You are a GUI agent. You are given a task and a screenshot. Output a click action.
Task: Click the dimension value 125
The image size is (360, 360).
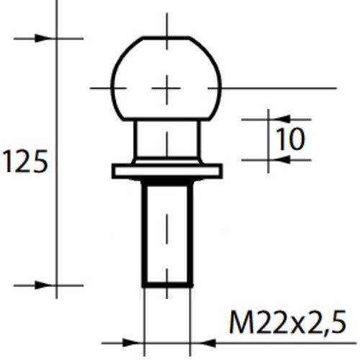(25, 162)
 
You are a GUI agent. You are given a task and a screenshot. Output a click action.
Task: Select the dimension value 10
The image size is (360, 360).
(290, 140)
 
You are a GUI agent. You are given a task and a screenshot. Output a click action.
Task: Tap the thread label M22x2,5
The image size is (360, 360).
(292, 323)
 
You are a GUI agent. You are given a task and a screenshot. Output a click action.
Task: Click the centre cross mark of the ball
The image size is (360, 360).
(166, 88)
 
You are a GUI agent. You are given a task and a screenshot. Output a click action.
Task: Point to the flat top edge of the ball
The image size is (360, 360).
(166, 37)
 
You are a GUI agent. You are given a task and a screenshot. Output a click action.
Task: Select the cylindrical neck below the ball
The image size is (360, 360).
(166, 139)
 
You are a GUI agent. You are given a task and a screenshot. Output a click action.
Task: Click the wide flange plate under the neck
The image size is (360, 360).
(166, 171)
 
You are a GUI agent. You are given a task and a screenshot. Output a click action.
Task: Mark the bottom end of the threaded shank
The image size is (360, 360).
(166, 286)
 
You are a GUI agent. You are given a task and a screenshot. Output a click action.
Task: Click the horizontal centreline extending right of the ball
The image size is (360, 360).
(288, 88)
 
